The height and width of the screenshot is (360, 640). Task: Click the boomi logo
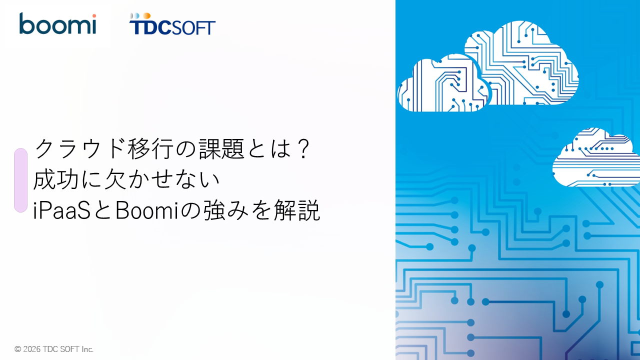(x=57, y=24)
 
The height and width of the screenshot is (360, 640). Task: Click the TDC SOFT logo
(x=172, y=25)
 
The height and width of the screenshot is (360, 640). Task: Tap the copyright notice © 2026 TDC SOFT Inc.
(x=54, y=349)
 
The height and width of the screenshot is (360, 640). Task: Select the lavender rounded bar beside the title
(x=20, y=180)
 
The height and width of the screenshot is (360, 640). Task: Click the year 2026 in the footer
(x=32, y=349)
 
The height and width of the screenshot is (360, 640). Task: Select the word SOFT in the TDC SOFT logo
(x=194, y=27)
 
